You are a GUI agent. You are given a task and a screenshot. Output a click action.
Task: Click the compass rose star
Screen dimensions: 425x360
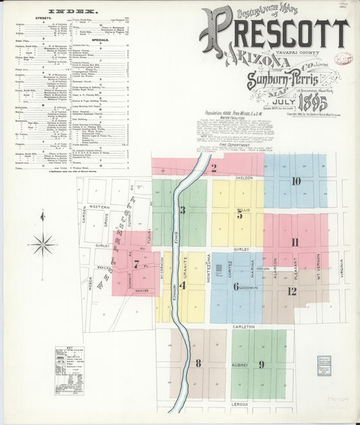(x=43, y=243)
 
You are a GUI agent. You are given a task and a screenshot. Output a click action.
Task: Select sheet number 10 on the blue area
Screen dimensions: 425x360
(x=296, y=181)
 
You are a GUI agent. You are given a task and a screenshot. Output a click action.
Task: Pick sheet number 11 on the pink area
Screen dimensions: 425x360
(x=294, y=243)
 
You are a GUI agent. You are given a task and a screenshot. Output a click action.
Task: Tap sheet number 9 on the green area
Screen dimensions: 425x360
(x=261, y=365)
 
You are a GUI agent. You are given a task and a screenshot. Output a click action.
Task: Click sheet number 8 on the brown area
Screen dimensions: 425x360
(x=198, y=364)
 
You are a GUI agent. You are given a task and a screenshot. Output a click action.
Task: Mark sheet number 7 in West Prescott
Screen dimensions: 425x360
(x=136, y=265)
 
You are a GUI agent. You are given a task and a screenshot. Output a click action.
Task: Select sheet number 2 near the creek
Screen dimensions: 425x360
(x=213, y=169)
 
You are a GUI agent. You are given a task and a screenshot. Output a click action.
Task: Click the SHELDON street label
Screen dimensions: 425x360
(x=244, y=178)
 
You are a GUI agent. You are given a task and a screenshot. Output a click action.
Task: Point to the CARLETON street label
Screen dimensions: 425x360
(x=244, y=326)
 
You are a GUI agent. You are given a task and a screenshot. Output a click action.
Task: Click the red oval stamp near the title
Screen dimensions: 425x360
(x=343, y=59)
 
